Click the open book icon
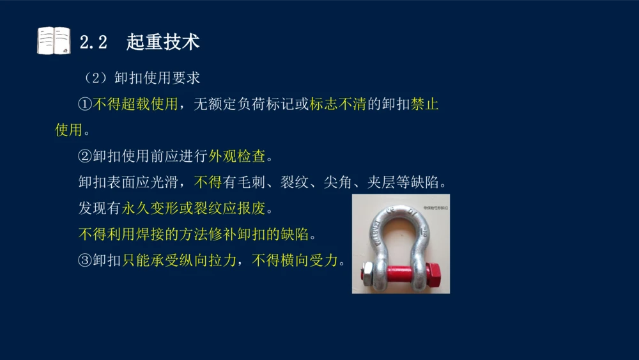point(54,40)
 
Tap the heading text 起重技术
point(163,42)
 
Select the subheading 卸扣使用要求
point(157,77)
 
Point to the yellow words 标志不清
point(337,104)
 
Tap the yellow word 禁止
point(425,104)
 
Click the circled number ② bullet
point(85,156)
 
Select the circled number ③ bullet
point(85,260)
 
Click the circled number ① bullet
point(85,104)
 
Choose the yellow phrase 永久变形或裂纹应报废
point(197,208)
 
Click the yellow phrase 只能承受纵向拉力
point(178,260)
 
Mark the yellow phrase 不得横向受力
point(295,260)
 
